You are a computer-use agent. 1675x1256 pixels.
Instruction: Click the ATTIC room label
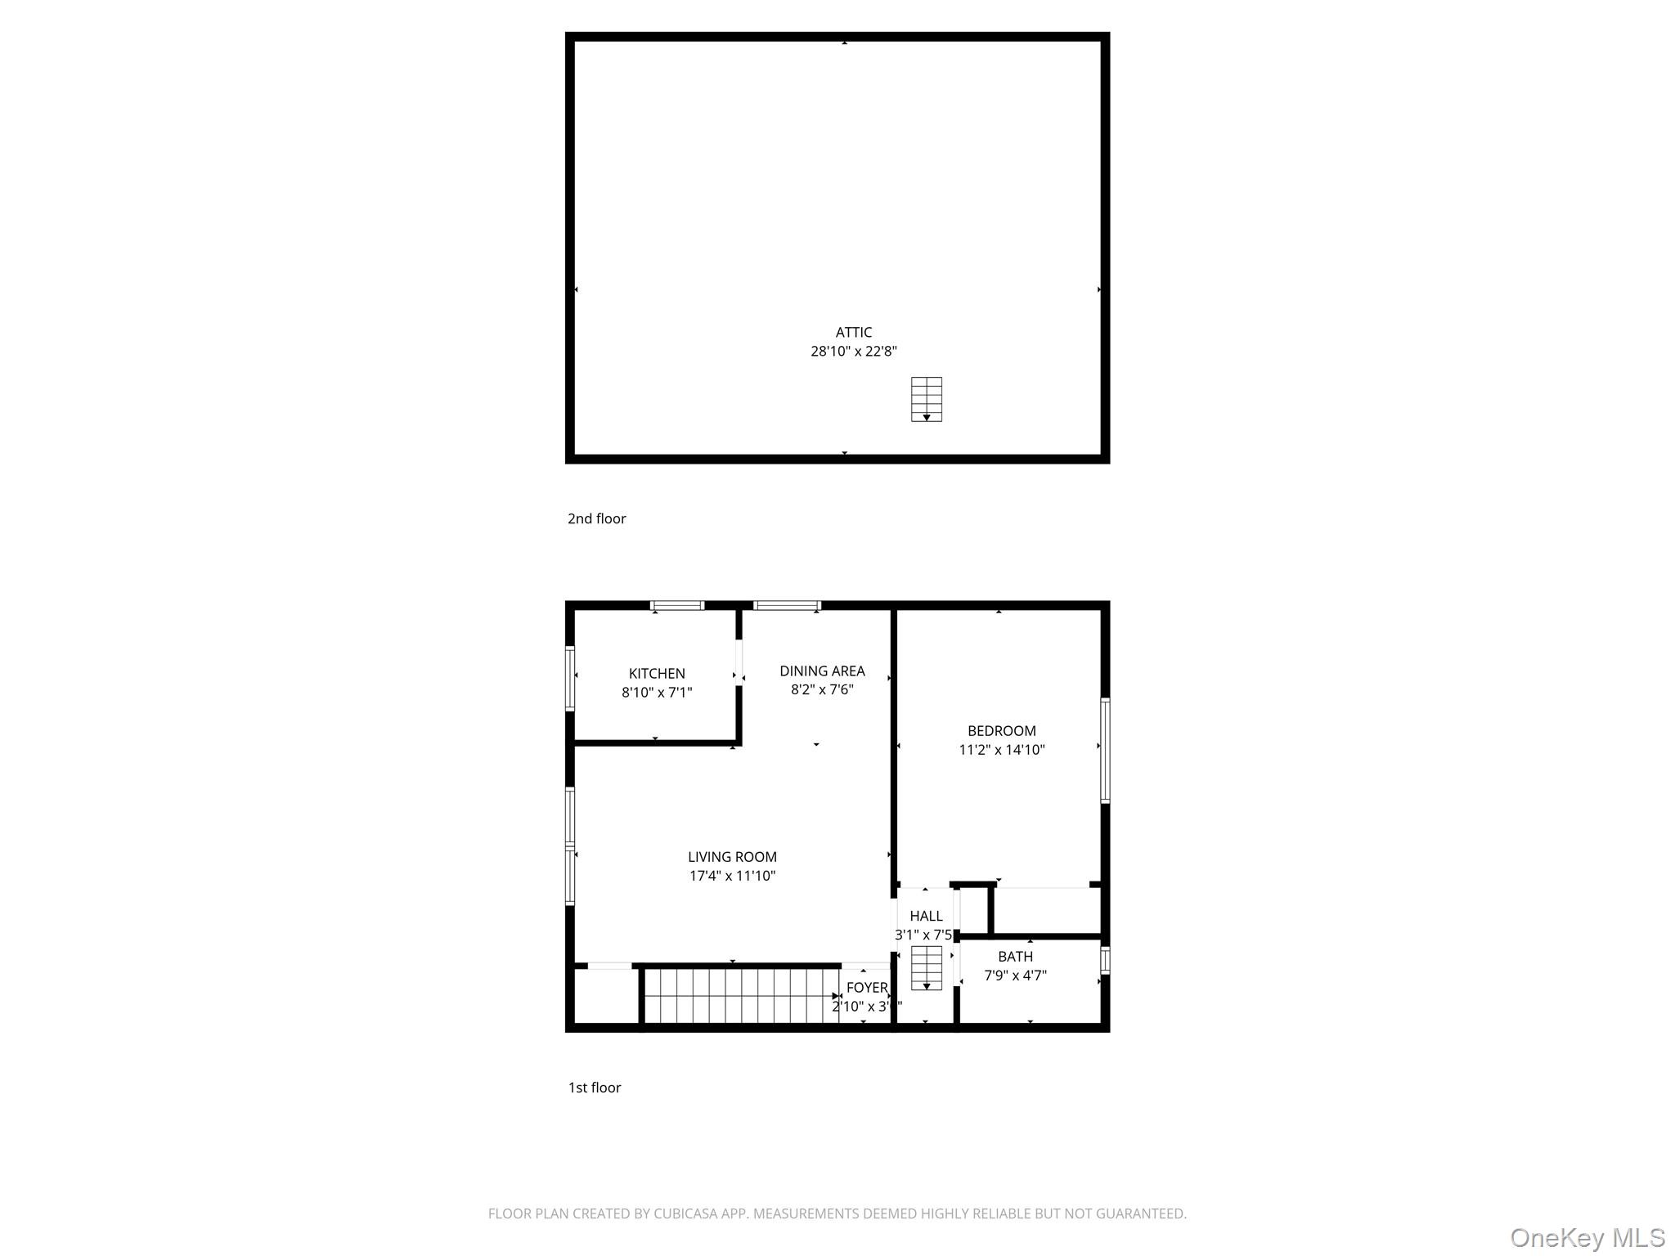click(x=853, y=332)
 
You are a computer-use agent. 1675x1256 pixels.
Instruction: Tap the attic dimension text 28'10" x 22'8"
click(x=853, y=352)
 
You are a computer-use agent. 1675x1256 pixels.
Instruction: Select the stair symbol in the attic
click(x=926, y=399)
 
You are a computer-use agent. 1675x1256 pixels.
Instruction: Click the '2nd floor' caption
click(x=596, y=518)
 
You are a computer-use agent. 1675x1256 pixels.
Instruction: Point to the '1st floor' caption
click(x=595, y=1088)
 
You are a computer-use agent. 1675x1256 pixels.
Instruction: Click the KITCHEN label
click(x=657, y=674)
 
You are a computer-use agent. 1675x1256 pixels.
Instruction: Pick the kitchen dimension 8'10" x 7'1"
click(x=657, y=693)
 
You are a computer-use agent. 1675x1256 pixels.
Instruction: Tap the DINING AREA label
click(x=822, y=671)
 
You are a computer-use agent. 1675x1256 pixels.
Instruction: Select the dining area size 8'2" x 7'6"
click(x=822, y=690)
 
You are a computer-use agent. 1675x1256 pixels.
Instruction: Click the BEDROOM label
click(x=1001, y=731)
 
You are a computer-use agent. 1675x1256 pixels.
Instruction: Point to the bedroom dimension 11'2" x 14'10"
click(x=1001, y=750)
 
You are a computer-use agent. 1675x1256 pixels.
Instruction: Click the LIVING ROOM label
click(x=732, y=857)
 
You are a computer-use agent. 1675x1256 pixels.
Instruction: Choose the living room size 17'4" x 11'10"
click(x=732, y=876)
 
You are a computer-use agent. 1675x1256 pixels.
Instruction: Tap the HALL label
click(x=926, y=916)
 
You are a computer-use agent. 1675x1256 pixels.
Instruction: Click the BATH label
click(x=1015, y=957)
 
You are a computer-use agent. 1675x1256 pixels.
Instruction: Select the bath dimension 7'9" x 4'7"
click(x=1015, y=976)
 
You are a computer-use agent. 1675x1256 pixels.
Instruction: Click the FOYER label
click(x=867, y=988)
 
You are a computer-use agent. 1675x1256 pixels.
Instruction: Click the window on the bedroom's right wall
click(x=1105, y=751)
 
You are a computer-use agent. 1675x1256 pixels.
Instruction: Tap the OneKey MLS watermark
click(x=1587, y=1237)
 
